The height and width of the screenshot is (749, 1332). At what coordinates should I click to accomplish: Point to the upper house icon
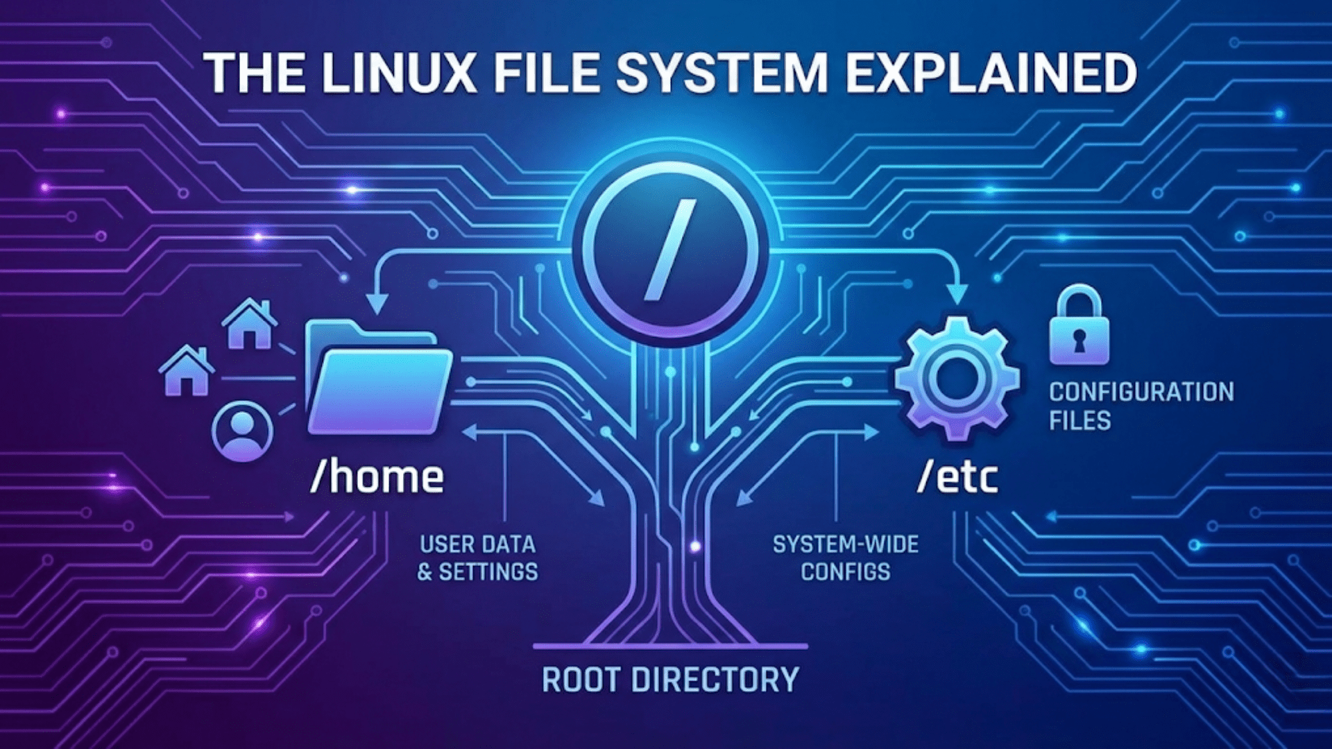[x=250, y=325]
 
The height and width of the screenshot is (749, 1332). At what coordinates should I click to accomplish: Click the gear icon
[x=957, y=378]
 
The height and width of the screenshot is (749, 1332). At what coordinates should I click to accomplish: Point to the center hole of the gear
[x=957, y=379]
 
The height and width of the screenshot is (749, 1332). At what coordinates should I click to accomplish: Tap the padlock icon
[x=1079, y=326]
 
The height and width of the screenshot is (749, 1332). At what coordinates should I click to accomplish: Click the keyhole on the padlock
[x=1079, y=341]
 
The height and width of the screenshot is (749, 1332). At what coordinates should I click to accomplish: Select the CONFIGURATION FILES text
[x=1141, y=406]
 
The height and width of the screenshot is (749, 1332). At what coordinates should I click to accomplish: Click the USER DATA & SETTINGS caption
[x=477, y=558]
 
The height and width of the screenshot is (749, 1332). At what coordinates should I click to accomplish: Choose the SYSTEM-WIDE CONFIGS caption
[x=845, y=558]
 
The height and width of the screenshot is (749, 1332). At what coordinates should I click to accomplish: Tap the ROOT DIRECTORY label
[x=669, y=680]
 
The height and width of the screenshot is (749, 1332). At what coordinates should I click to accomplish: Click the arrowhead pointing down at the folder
[x=377, y=303]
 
